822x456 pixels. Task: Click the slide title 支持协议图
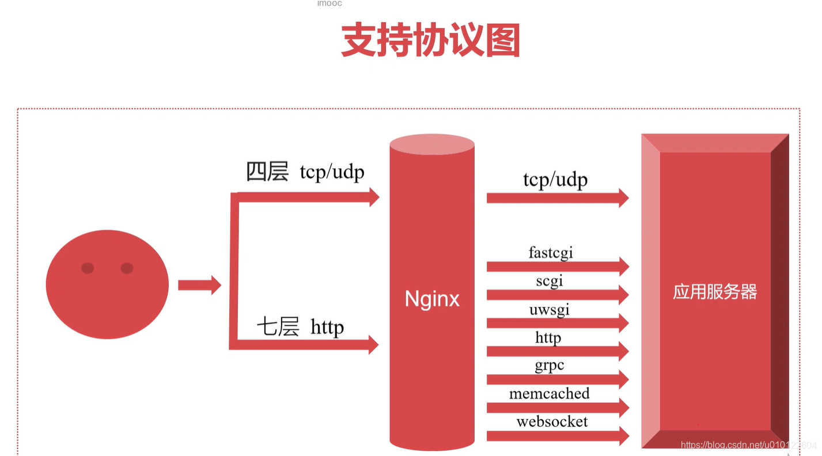point(431,40)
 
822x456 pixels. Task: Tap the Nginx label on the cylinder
point(432,299)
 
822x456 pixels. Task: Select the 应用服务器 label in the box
point(715,292)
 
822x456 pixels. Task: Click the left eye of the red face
point(88,268)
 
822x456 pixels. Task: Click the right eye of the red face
point(127,268)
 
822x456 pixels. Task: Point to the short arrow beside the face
point(199,285)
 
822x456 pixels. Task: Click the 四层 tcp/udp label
point(305,172)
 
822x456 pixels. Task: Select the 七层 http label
point(300,327)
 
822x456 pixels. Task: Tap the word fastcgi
point(551,252)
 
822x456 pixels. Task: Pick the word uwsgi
point(550,309)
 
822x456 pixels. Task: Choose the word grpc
point(550,366)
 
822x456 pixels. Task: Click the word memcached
point(550,394)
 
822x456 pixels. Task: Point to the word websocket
point(552,421)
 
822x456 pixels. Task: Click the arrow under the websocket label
point(557,436)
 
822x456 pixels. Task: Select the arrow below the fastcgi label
point(557,267)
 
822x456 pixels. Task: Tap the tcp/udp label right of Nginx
point(555,180)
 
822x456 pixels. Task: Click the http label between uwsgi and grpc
point(548,337)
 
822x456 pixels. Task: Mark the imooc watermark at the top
point(329,3)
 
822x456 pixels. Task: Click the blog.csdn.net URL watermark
point(748,445)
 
